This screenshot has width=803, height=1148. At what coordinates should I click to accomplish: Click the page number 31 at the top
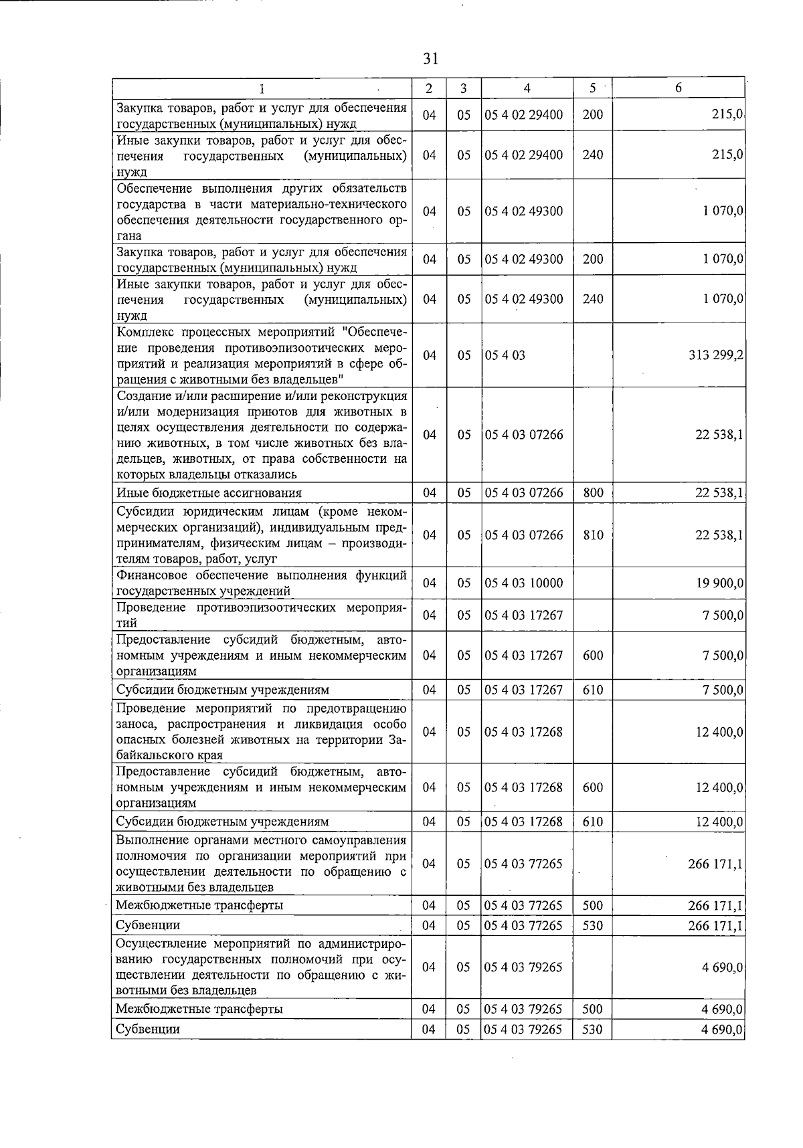click(430, 59)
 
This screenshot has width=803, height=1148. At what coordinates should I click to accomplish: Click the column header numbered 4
click(527, 88)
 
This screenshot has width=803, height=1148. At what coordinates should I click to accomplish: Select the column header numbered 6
click(678, 88)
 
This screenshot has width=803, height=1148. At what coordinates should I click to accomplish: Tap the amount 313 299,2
click(715, 355)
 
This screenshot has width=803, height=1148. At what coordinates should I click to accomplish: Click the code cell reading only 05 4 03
click(505, 355)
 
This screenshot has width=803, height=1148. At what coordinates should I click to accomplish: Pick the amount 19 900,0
click(719, 583)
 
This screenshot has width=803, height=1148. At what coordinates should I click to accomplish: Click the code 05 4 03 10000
click(524, 583)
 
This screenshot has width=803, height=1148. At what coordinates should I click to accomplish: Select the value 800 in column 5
click(593, 493)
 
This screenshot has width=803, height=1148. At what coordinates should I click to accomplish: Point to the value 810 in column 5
click(593, 535)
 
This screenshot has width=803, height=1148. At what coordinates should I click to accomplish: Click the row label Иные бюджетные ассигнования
click(209, 493)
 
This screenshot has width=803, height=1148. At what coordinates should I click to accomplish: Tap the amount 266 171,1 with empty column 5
click(715, 864)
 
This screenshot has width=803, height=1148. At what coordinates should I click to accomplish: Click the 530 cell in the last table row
click(593, 1030)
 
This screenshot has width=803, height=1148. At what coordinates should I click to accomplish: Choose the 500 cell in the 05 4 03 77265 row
click(593, 906)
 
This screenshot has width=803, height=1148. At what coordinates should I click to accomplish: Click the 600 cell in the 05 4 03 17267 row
click(593, 656)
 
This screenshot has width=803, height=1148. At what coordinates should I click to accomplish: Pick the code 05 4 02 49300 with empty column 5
click(524, 211)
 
